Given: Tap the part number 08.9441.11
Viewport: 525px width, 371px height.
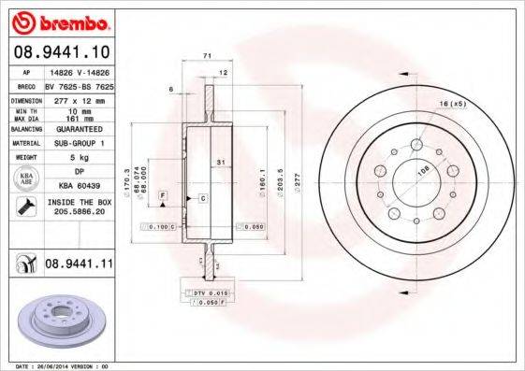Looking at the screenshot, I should point(78,265).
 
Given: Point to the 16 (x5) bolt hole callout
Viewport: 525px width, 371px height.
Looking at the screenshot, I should point(451,103).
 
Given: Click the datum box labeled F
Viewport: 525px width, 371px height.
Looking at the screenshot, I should point(162,193).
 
